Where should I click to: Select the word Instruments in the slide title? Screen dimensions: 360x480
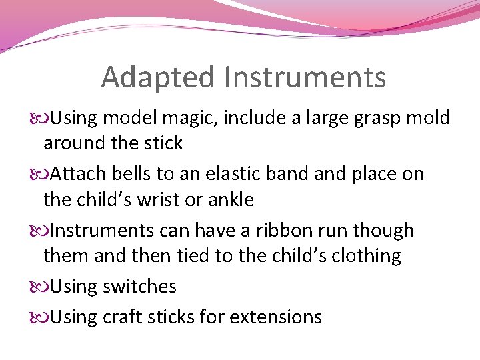305,77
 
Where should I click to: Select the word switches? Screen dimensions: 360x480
141,287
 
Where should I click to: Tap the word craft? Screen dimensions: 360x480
124,317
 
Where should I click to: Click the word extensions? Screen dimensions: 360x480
275,317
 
